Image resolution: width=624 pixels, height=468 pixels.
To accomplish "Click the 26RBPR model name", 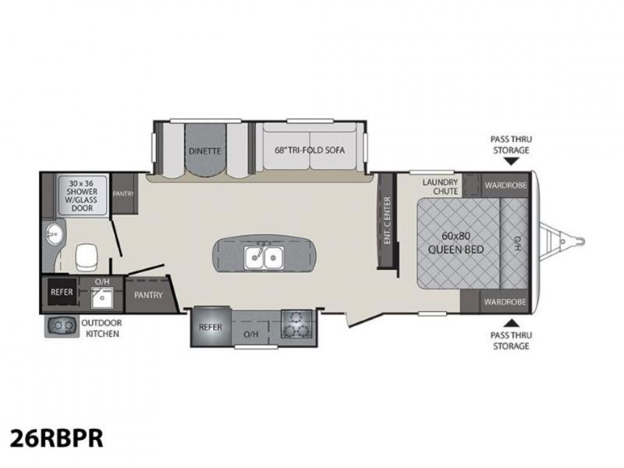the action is tap(56, 438).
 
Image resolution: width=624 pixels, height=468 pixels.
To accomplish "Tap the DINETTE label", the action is tap(204, 151).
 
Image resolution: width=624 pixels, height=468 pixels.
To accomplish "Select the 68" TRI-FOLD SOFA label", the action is tap(310, 151).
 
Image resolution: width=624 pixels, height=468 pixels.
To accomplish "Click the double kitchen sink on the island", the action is tap(264, 257).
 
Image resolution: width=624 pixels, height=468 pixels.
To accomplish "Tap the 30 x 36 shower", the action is tap(82, 196).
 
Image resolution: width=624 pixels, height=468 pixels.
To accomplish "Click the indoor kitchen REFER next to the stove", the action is tap(211, 327).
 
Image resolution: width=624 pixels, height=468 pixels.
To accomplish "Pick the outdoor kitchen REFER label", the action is tap(62, 292).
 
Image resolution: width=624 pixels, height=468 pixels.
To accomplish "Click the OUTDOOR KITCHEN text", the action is tap(102, 328).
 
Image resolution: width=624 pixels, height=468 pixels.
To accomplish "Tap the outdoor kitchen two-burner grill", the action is tap(61, 326).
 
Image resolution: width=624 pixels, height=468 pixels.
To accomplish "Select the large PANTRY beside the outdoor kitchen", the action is tap(148, 295).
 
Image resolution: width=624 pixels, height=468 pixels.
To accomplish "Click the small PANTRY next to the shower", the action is tap(123, 193).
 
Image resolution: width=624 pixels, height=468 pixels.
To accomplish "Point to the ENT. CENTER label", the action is tap(387, 220).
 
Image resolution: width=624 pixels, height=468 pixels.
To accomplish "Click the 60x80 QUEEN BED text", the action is tap(456, 243).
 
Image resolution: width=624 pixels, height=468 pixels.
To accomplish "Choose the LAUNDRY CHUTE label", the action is tap(440, 186).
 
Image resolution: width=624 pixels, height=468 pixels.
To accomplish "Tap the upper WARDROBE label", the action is tap(505, 185).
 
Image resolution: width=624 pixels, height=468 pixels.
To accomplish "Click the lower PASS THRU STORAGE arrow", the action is tap(512, 322).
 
